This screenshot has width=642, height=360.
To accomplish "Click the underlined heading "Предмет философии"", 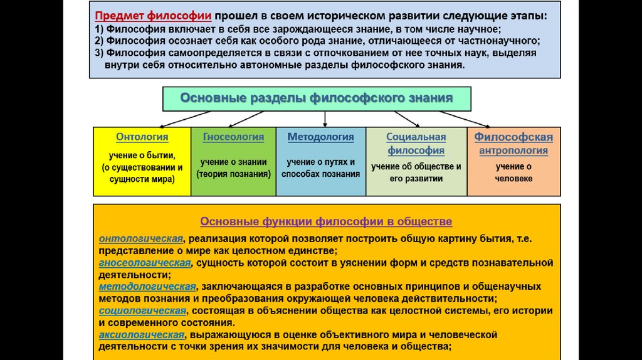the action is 152,15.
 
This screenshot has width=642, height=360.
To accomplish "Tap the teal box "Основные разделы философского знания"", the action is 317,98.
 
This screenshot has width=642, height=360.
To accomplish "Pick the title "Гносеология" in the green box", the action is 233,137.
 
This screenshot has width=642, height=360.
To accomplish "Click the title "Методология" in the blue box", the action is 320,137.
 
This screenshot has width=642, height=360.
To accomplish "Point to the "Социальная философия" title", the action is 416,144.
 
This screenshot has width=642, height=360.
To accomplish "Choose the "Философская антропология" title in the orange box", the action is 513,144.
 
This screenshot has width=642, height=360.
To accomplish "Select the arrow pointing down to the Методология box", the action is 325,119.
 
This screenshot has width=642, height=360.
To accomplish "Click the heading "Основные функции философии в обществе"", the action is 325,222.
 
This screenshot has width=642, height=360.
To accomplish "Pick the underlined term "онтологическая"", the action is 141,238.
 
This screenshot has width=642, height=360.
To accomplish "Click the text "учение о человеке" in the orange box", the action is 513,172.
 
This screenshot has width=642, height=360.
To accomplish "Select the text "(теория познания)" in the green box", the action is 233,174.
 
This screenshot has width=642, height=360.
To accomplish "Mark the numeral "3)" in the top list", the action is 100,53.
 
